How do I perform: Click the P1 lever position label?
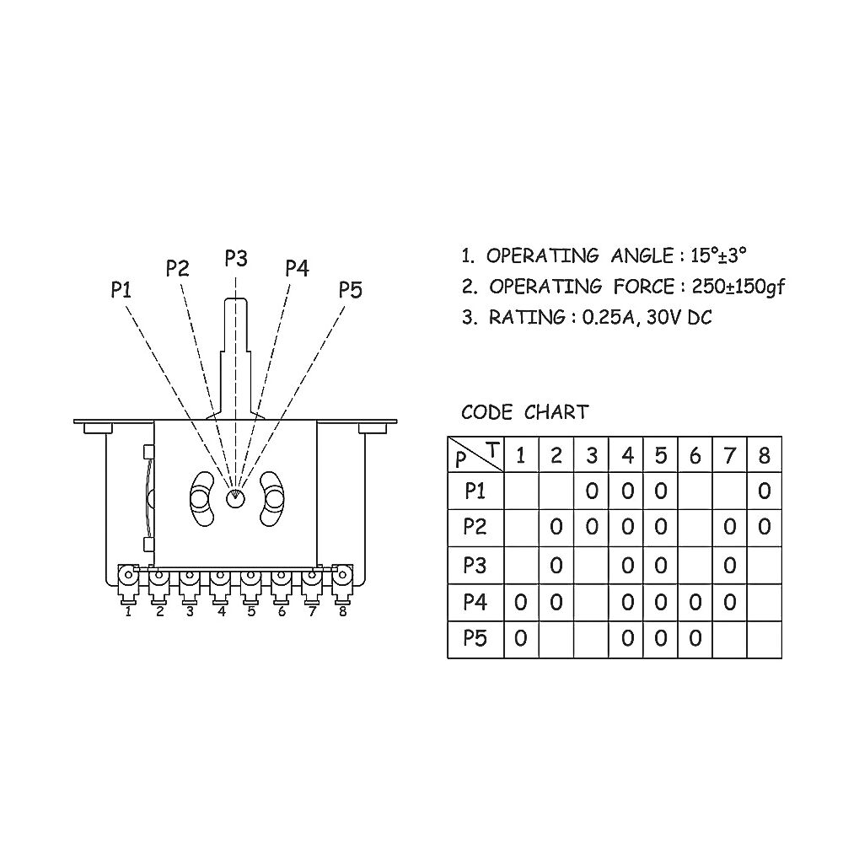click(x=121, y=290)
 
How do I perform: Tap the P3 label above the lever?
click(x=236, y=258)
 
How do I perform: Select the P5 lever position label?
click(x=351, y=290)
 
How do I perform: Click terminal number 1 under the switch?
click(x=128, y=612)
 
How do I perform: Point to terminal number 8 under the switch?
click(x=342, y=612)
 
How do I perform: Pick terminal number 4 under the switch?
click(x=222, y=612)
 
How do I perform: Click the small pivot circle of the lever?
click(x=234, y=498)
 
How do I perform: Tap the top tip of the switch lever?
click(x=236, y=299)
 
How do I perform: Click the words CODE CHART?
click(x=524, y=412)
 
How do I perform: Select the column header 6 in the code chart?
click(x=695, y=456)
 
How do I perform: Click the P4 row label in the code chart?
click(x=475, y=602)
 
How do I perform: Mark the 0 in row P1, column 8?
click(x=764, y=491)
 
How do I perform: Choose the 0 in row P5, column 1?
click(x=520, y=638)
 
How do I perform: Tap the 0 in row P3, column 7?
click(x=729, y=565)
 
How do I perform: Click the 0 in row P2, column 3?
click(x=592, y=527)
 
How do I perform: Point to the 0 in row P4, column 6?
click(x=695, y=602)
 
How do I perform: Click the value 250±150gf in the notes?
click(x=738, y=287)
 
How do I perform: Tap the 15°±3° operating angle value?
click(x=718, y=255)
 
